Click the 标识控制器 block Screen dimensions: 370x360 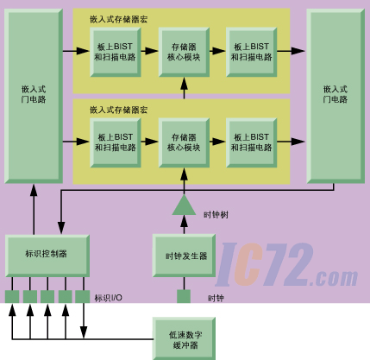pyautogui.click(x=47, y=256)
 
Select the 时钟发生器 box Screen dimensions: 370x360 pyautogui.click(x=184, y=256)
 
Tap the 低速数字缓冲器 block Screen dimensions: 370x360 pyautogui.click(x=184, y=338)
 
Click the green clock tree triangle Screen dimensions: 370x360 pyautogui.click(x=184, y=205)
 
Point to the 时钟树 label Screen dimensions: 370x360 pyautogui.click(x=216, y=215)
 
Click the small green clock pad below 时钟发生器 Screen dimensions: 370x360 pyautogui.click(x=184, y=296)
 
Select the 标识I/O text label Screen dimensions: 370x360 pyautogui.click(x=109, y=298)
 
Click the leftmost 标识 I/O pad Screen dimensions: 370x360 pyautogui.click(x=12, y=297)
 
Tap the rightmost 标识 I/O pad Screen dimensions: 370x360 pyautogui.click(x=83, y=297)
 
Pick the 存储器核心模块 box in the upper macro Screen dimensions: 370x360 pyautogui.click(x=184, y=52)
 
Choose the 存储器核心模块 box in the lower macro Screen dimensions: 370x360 pyautogui.click(x=184, y=142)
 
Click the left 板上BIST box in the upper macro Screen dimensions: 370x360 pyautogui.click(x=116, y=52)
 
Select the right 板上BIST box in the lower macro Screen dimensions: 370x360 pyautogui.click(x=252, y=142)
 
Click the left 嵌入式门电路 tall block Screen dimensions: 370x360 pyautogui.click(x=34, y=96)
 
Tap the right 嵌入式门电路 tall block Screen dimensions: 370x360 pyautogui.click(x=336, y=96)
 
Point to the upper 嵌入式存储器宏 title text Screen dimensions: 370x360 pyautogui.click(x=118, y=20)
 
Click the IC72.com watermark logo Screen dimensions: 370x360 pyautogui.click(x=286, y=265)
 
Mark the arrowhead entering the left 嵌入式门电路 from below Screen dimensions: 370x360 pyautogui.click(x=34, y=190)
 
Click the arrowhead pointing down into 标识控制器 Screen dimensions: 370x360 pyautogui.click(x=61, y=228)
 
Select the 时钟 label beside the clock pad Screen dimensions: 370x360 pyautogui.click(x=216, y=298)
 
